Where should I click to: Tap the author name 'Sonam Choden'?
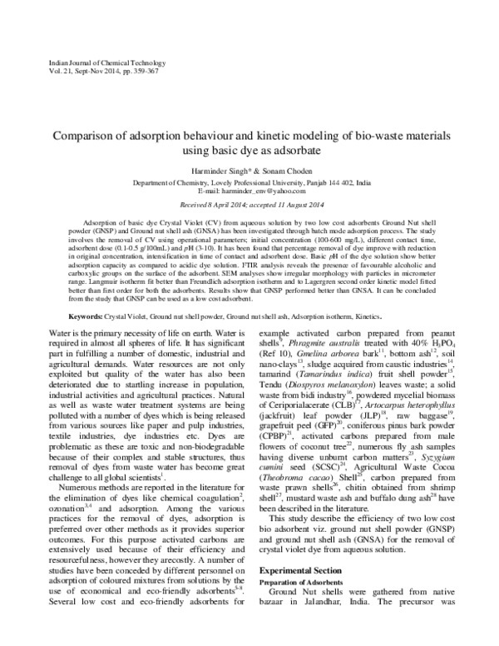[x=279, y=170]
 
